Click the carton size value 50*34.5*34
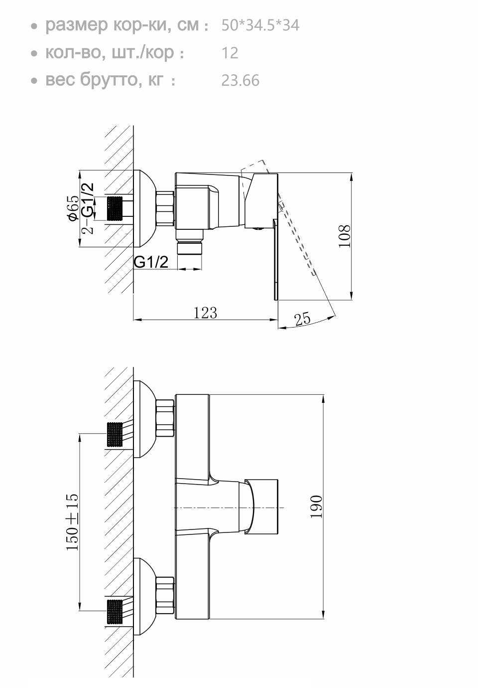pos(260,25)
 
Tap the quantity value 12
pos(230,53)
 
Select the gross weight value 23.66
pos(240,80)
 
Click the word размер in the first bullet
pos(76,25)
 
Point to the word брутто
pos(109,80)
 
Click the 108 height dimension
pos(345,236)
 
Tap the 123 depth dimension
pos(205,313)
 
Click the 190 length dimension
pos(316,507)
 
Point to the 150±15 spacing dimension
pos(72,522)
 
